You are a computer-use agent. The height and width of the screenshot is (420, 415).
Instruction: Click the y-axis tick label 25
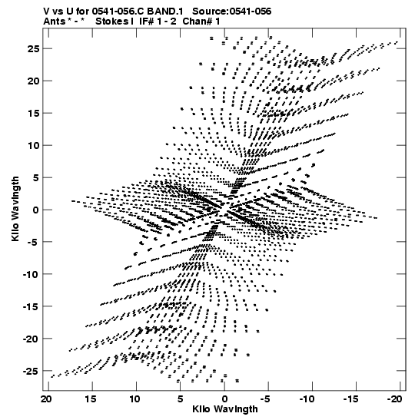[33, 48]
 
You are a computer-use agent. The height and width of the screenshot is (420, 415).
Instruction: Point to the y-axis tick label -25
[31, 371]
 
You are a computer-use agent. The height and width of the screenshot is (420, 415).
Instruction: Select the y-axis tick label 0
[36, 210]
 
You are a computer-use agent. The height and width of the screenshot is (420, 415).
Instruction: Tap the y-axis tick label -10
[31, 274]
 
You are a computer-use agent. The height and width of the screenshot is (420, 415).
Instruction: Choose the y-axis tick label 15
[34, 114]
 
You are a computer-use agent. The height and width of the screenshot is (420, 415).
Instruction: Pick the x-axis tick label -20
[395, 399]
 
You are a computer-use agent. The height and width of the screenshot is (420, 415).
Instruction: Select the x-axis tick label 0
[224, 399]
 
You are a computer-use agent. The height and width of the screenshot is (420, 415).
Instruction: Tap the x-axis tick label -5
[267, 399]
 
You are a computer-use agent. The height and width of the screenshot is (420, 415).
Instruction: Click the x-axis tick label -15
[350, 399]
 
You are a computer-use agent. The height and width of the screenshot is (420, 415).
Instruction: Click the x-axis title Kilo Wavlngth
[225, 409]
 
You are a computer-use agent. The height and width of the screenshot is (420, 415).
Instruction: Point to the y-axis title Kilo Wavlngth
[15, 209]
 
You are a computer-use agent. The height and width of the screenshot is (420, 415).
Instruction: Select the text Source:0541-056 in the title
[232, 12]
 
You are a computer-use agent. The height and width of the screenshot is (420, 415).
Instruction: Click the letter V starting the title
[46, 12]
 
